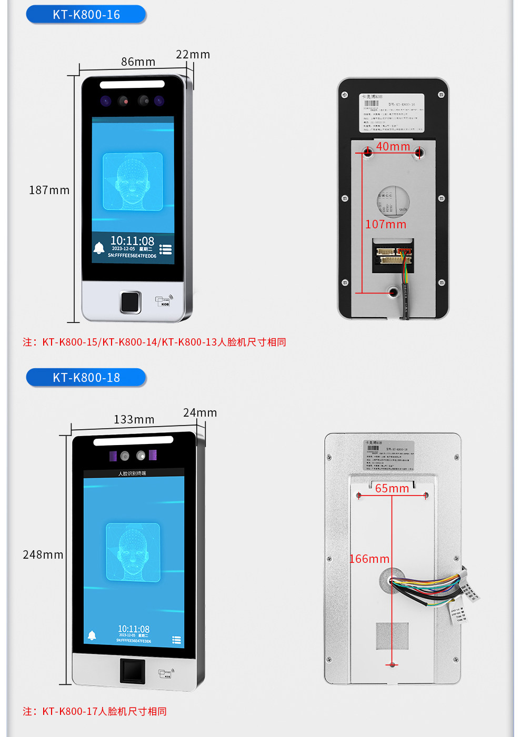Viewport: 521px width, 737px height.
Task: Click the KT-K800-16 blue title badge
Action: click(x=86, y=15)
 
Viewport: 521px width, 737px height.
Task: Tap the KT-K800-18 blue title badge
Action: click(x=86, y=378)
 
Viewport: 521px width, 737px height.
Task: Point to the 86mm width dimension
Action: click(x=138, y=62)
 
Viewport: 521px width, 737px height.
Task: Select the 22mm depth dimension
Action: click(x=193, y=55)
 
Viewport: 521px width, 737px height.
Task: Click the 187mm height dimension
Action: click(x=49, y=190)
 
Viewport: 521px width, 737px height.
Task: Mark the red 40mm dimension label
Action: click(x=393, y=147)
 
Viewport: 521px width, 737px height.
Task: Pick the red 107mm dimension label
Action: click(x=386, y=225)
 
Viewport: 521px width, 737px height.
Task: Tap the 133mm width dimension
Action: click(x=134, y=420)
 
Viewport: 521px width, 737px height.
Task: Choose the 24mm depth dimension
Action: click(x=200, y=413)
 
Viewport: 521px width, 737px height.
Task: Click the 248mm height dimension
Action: click(x=43, y=555)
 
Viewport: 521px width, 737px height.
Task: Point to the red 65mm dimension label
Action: click(x=392, y=489)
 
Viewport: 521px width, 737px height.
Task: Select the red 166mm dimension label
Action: click(x=369, y=559)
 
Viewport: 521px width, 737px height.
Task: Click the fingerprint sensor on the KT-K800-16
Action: click(x=130, y=302)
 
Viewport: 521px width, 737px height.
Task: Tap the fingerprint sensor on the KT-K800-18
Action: click(x=133, y=671)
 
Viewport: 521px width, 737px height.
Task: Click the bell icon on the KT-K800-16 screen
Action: click(x=99, y=248)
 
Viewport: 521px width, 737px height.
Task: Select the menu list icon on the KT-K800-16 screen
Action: click(x=166, y=249)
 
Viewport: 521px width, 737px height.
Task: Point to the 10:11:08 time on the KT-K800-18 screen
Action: click(x=134, y=629)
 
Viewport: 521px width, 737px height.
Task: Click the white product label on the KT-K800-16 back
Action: click(x=392, y=113)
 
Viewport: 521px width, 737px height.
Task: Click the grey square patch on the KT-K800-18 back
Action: click(x=392, y=635)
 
